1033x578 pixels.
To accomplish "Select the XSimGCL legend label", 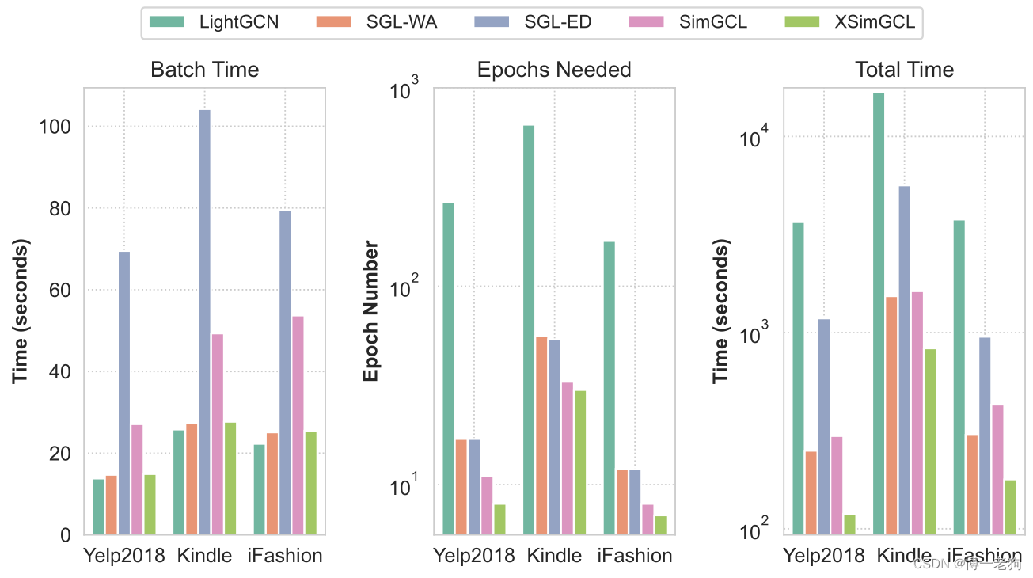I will (875, 22).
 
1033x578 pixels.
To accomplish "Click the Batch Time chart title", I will (204, 70).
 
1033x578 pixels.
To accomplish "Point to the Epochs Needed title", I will (554, 70).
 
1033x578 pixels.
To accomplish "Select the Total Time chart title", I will (904, 70).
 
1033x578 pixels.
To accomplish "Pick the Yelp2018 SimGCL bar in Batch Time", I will (137, 479).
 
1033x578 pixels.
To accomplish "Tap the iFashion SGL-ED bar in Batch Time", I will (285, 372).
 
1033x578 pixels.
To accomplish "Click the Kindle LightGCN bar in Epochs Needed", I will (529, 329).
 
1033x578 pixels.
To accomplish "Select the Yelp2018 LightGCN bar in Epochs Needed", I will (448, 368).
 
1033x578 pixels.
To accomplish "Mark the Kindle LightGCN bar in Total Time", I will (879, 313).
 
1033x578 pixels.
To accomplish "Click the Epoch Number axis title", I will (371, 310).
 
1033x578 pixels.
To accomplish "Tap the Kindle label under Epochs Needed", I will (554, 556).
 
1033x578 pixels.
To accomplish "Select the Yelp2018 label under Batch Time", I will (124, 556).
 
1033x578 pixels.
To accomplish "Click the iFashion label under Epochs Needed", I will (635, 556).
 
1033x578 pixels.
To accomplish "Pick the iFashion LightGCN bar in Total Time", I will (959, 377).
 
